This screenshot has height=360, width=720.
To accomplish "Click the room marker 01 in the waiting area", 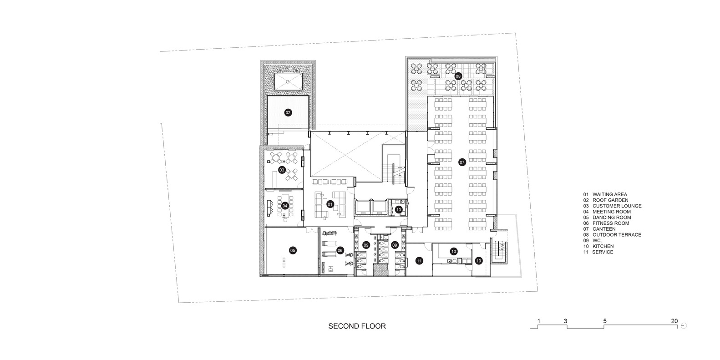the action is tap(330, 204).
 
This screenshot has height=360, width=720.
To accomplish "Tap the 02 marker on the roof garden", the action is tap(288, 112).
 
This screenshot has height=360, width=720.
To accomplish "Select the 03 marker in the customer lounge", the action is tap(282, 170).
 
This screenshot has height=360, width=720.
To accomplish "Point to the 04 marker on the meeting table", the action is tap(285, 206).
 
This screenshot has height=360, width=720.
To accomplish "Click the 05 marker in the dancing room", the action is tap(293, 250).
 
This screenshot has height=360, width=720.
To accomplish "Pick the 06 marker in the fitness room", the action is tap(340, 250).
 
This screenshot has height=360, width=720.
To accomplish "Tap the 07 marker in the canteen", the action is tap(462, 162).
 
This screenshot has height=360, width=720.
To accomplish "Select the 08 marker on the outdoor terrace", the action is tap(458, 76).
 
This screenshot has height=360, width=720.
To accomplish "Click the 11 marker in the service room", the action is tap(419, 261).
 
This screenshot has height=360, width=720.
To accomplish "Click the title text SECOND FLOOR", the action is tap(357, 326).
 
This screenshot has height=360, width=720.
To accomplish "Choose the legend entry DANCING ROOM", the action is tap(612, 218).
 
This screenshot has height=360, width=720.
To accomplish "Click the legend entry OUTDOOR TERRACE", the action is tap(617, 235).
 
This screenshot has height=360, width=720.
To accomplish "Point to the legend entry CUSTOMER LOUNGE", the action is tap(617, 206).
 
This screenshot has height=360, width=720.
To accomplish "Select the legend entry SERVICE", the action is tap(603, 252).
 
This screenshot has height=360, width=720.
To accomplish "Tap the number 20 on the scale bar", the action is tap(674, 321).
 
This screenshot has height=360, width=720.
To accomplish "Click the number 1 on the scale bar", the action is tap(539, 321).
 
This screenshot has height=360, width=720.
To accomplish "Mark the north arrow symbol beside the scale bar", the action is tap(684, 325).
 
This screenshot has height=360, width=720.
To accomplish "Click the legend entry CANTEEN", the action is tap(604, 229).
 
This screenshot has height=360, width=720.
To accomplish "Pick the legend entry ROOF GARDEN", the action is tap(610, 200).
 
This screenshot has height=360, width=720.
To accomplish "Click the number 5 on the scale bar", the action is tap(604, 321).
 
